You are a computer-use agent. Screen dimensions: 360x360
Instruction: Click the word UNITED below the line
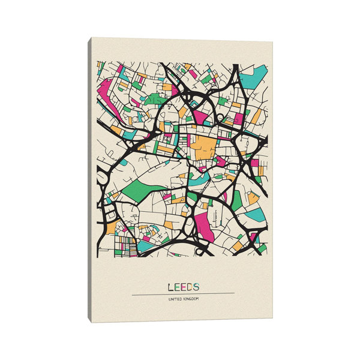click(x=175, y=299)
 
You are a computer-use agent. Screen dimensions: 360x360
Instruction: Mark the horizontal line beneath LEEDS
click(x=182, y=293)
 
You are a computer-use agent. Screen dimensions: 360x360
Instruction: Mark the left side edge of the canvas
click(x=90, y=180)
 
